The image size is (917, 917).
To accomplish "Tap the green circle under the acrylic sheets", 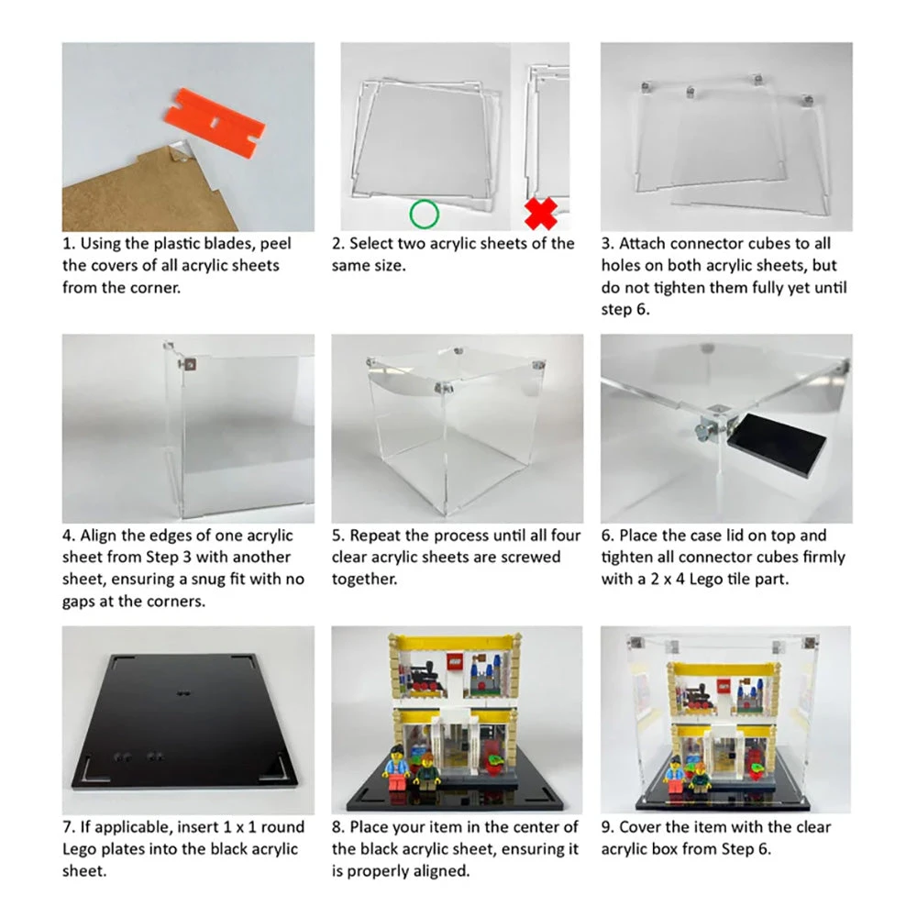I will (x=424, y=215).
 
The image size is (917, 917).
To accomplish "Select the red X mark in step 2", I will (x=542, y=215).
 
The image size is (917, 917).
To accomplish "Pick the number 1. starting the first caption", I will (x=69, y=244).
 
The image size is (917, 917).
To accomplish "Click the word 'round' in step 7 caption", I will (x=282, y=827).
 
